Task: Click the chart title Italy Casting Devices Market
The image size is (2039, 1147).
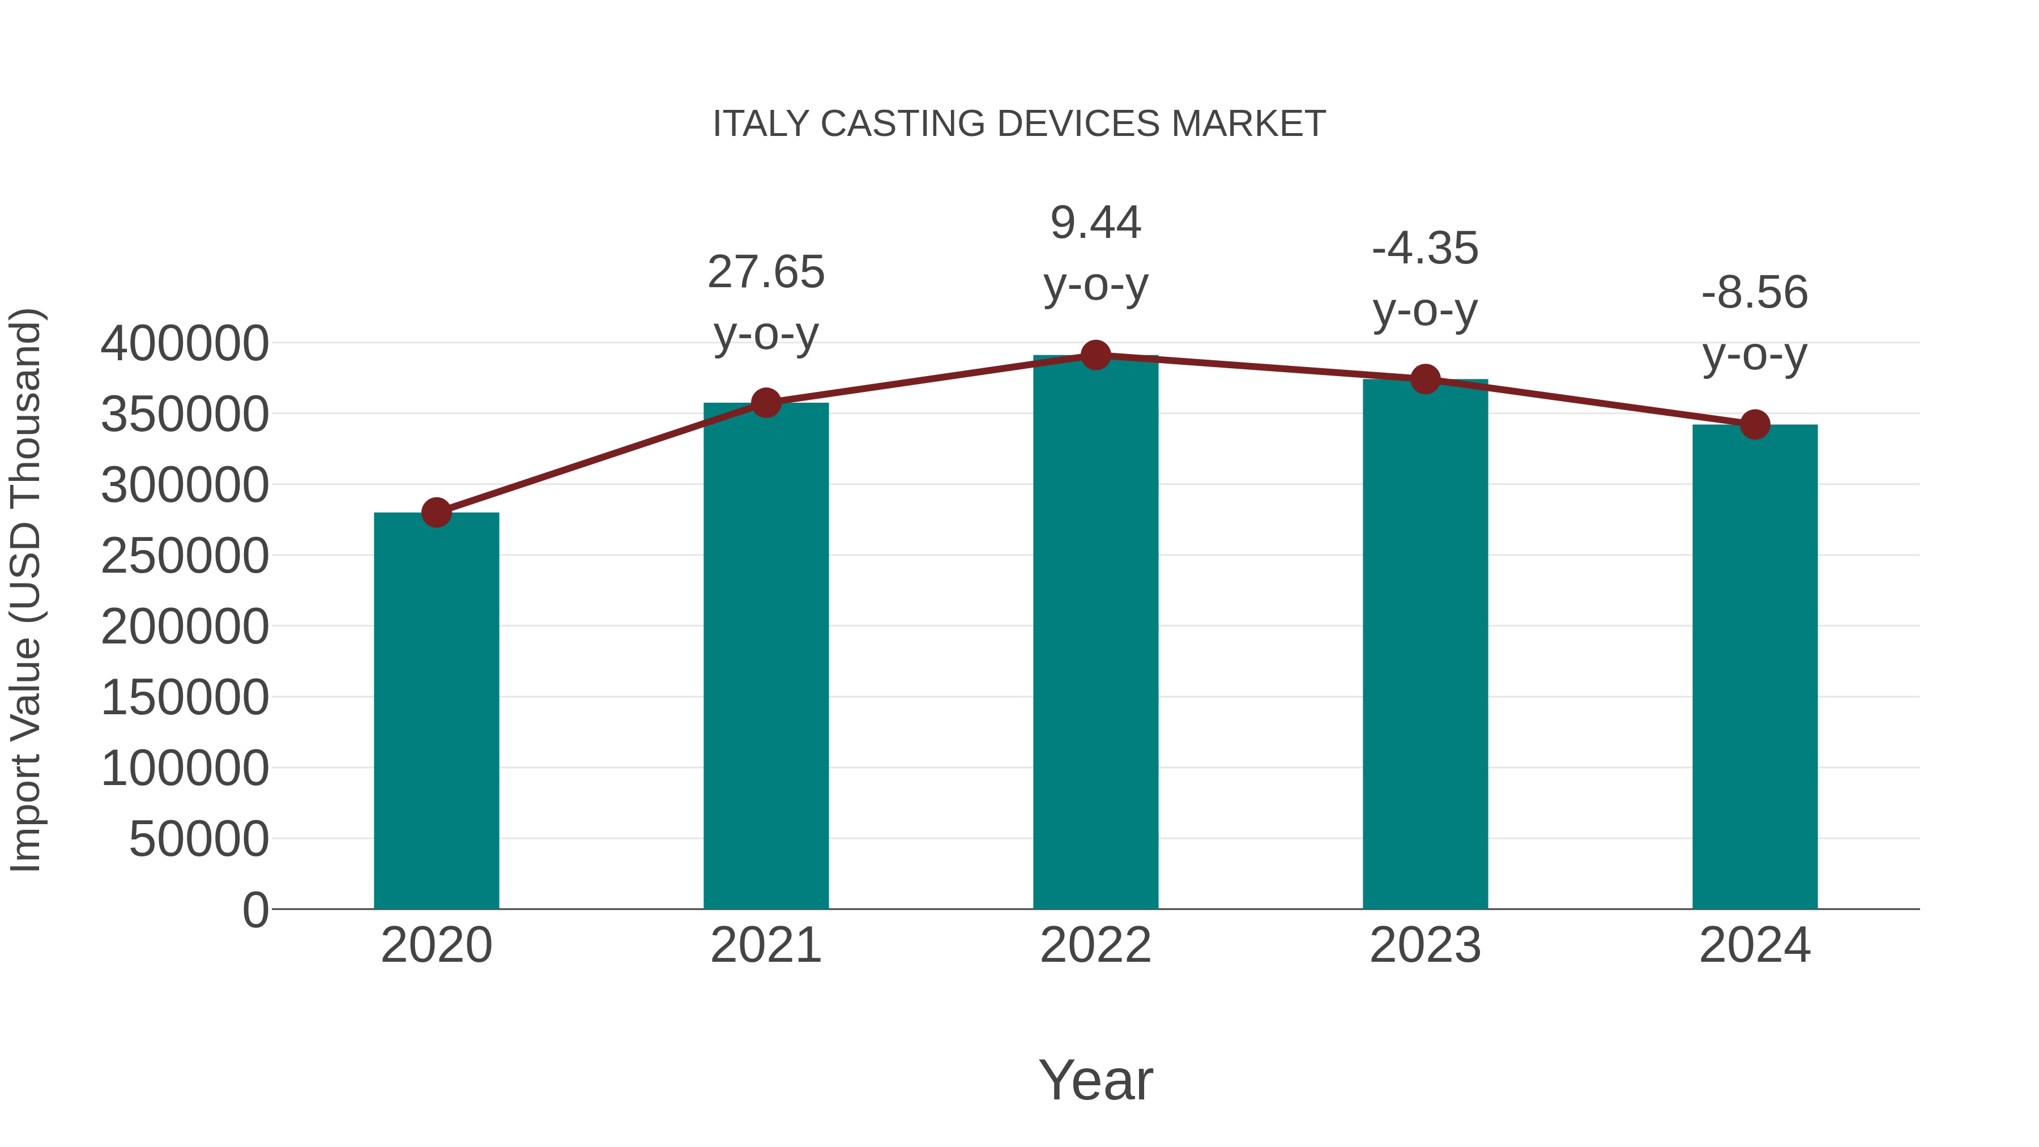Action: (1019, 124)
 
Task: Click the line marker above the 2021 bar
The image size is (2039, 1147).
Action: (765, 403)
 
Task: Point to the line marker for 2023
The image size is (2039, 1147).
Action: (1425, 379)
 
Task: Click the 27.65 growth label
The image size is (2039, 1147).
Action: (765, 272)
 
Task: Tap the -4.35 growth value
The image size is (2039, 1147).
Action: (1425, 249)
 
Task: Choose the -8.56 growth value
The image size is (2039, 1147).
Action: (1755, 293)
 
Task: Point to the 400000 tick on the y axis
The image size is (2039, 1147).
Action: (185, 344)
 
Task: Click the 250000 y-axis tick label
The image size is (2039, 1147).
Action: (185, 556)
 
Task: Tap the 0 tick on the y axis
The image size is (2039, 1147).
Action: (255, 910)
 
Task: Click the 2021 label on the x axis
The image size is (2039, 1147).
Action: (765, 945)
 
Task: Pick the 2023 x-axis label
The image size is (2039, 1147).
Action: (1425, 945)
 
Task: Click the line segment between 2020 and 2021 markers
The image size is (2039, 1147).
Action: (601, 458)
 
